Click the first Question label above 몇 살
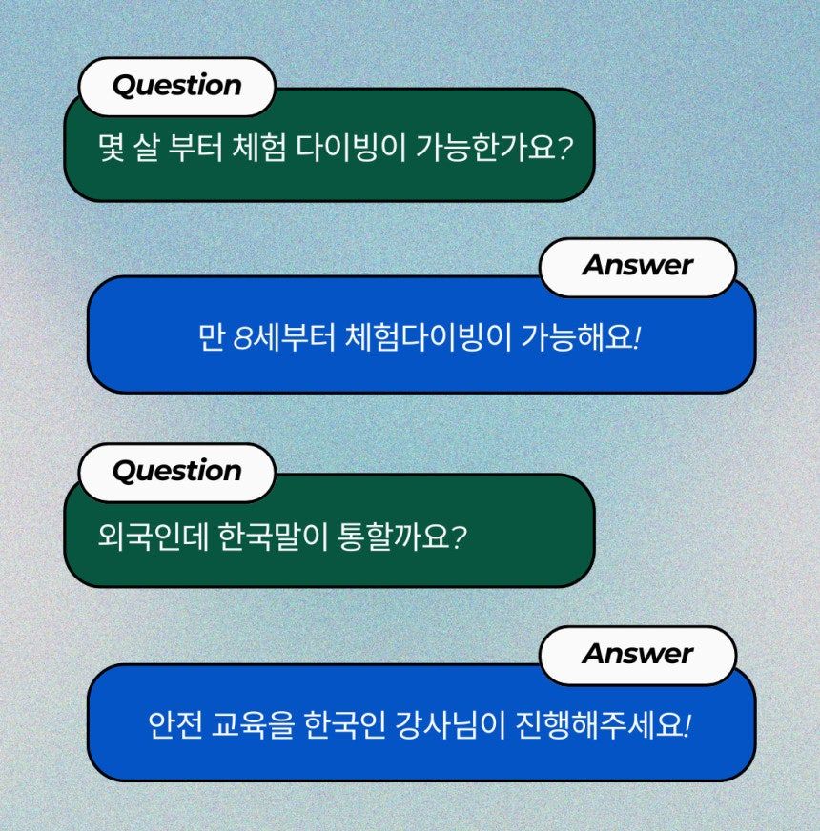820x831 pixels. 176,86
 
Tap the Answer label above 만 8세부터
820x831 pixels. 638,265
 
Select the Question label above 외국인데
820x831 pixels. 176,471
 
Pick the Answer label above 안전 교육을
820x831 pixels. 638,654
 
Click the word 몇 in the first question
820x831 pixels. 112,148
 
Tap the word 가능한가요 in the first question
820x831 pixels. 484,148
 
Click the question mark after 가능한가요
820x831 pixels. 564,148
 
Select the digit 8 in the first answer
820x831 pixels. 241,338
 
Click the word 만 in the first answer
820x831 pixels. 211,337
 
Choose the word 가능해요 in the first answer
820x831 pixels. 577,337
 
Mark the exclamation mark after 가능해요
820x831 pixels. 637,337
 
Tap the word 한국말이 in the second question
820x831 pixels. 274,536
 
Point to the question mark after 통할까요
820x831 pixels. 459,537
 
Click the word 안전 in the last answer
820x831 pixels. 175,725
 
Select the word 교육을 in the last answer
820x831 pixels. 253,725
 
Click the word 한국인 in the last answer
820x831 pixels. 345,725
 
